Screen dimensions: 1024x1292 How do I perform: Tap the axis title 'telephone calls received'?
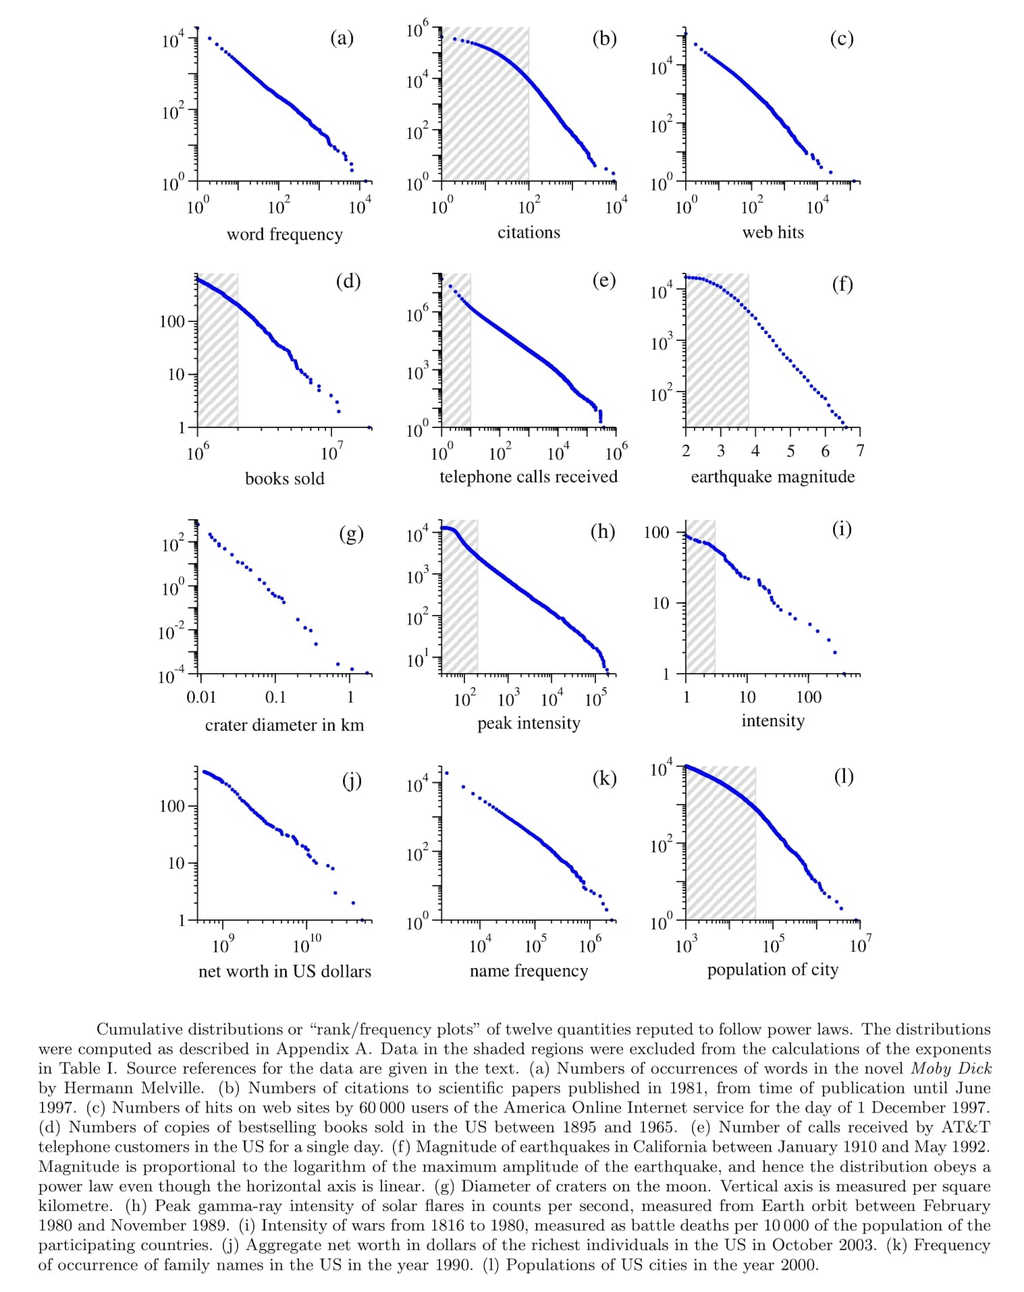[x=529, y=477]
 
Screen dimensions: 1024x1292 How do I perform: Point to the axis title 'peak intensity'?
[x=529, y=723]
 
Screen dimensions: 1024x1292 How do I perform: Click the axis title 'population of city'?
[x=773, y=970]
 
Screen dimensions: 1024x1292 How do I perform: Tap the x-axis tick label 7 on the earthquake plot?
[x=860, y=451]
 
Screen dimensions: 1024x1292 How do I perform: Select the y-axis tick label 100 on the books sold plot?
[x=172, y=322]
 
